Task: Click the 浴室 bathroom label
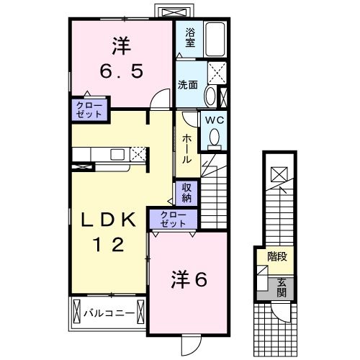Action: point(190,37)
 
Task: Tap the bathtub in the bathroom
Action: point(215,40)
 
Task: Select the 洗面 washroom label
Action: point(189,84)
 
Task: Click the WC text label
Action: point(215,120)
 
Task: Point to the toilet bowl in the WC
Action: point(214,136)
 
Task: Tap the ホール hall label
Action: point(186,148)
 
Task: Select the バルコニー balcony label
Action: point(108,314)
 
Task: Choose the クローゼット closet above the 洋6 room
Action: point(173,219)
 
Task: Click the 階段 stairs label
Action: point(278,256)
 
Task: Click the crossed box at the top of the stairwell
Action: point(278,175)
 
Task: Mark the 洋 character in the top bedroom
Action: point(121,45)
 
